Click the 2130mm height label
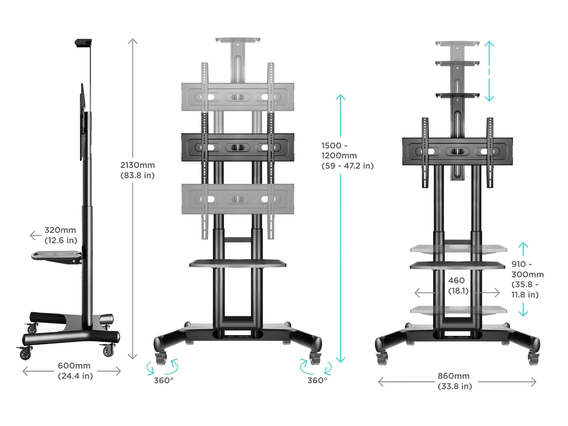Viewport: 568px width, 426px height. [x=137, y=170]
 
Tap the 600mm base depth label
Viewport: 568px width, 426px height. [x=75, y=371]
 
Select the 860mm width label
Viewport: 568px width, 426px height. [x=454, y=381]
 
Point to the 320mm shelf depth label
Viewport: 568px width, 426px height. [x=61, y=235]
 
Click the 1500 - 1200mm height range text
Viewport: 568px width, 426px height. [x=347, y=155]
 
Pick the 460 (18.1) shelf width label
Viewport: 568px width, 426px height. [x=458, y=285]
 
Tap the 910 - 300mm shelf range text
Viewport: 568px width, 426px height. [x=527, y=279]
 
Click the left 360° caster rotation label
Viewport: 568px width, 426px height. [x=164, y=380]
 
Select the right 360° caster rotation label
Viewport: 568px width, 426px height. [x=317, y=380]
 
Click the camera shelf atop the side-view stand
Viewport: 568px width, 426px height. [x=83, y=43]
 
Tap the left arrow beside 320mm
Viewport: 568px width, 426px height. [x=35, y=235]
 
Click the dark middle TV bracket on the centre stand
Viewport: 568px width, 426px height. [x=237, y=147]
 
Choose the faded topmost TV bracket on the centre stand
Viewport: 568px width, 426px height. [x=237, y=97]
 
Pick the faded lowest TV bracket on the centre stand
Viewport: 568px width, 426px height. [x=237, y=199]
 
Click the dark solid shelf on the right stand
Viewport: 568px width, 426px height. [x=457, y=265]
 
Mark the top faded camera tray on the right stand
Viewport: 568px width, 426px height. [x=457, y=44]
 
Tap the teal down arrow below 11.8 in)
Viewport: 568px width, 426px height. [x=523, y=310]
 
